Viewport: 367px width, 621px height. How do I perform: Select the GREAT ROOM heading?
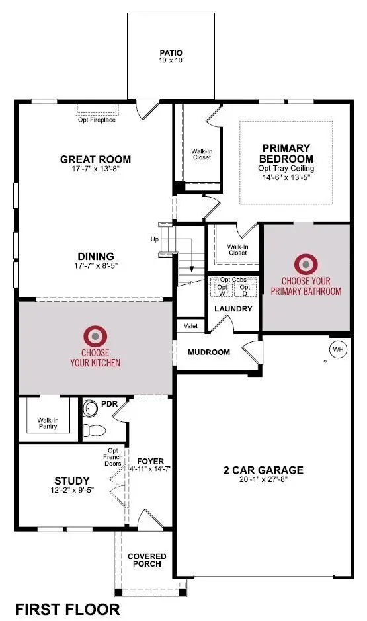[95, 159]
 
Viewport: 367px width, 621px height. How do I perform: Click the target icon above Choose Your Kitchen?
[95, 335]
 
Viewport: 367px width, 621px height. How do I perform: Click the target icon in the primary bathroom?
[306, 265]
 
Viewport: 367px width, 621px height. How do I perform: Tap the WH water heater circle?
[338, 349]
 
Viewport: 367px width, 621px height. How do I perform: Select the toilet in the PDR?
[95, 429]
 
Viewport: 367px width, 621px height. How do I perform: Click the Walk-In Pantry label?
[48, 423]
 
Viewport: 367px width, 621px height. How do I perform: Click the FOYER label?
[150, 461]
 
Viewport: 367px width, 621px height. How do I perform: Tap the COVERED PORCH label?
[147, 561]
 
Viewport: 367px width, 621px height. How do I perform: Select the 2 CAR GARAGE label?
[263, 470]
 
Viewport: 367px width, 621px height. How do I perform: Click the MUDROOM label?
[209, 352]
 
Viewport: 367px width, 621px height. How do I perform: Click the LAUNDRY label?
[233, 309]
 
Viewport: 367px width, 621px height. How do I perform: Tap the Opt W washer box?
[223, 290]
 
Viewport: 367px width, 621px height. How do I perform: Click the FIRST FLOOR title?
[67, 609]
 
